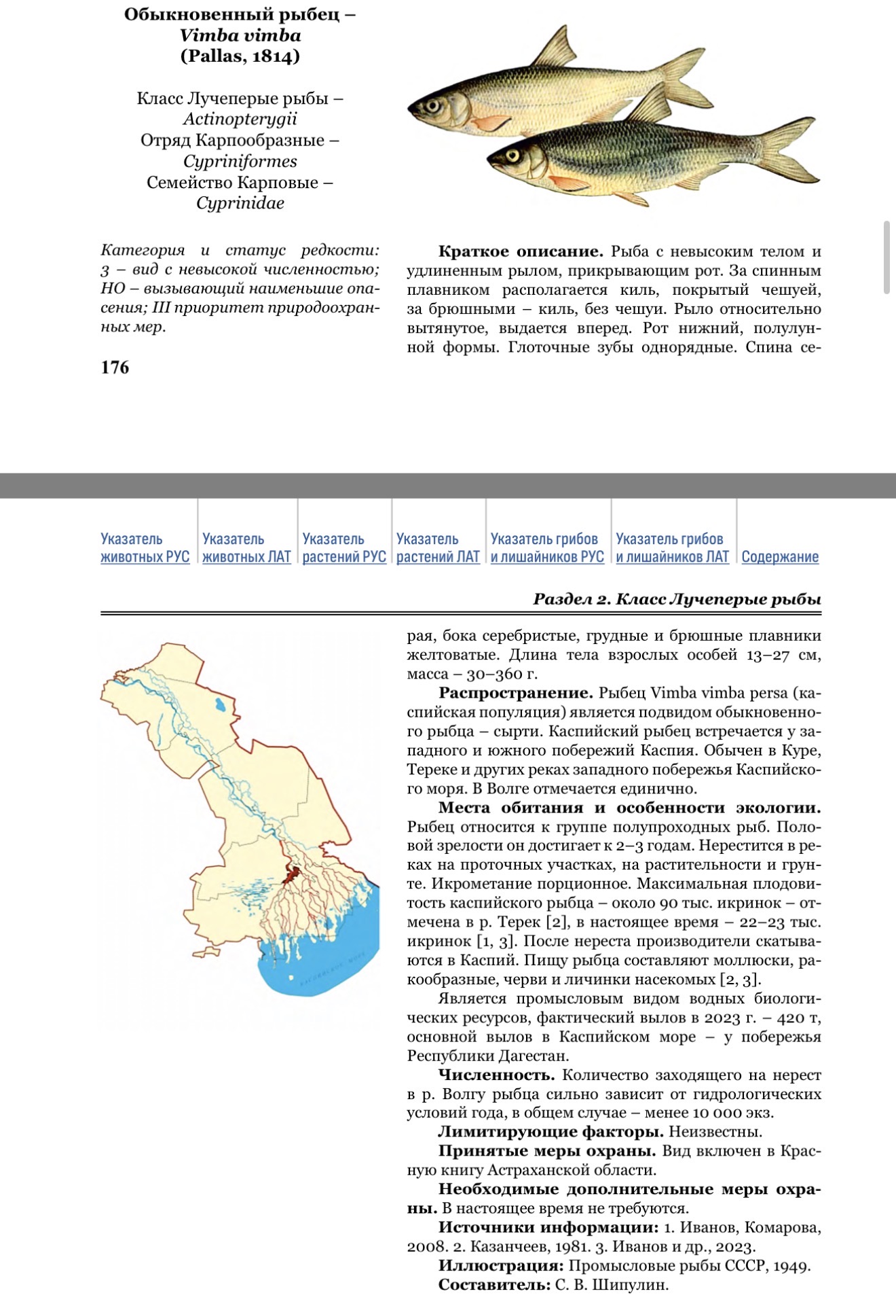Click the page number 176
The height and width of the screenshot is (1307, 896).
click(115, 368)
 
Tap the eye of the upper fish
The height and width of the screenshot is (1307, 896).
click(432, 105)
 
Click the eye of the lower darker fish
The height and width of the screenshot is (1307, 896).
click(512, 156)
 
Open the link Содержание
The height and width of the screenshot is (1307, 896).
click(780, 557)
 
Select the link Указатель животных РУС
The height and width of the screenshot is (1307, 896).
click(145, 548)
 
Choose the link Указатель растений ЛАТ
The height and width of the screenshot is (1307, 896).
click(438, 548)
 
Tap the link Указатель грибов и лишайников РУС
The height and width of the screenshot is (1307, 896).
click(547, 548)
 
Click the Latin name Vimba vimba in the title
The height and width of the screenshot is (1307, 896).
click(240, 35)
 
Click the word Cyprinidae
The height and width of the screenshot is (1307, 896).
click(240, 203)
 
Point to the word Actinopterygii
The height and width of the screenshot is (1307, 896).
click(240, 120)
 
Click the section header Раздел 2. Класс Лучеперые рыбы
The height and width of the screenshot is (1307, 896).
click(677, 599)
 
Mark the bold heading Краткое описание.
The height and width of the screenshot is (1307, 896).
click(521, 252)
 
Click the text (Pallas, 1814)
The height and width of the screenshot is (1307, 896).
click(240, 56)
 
